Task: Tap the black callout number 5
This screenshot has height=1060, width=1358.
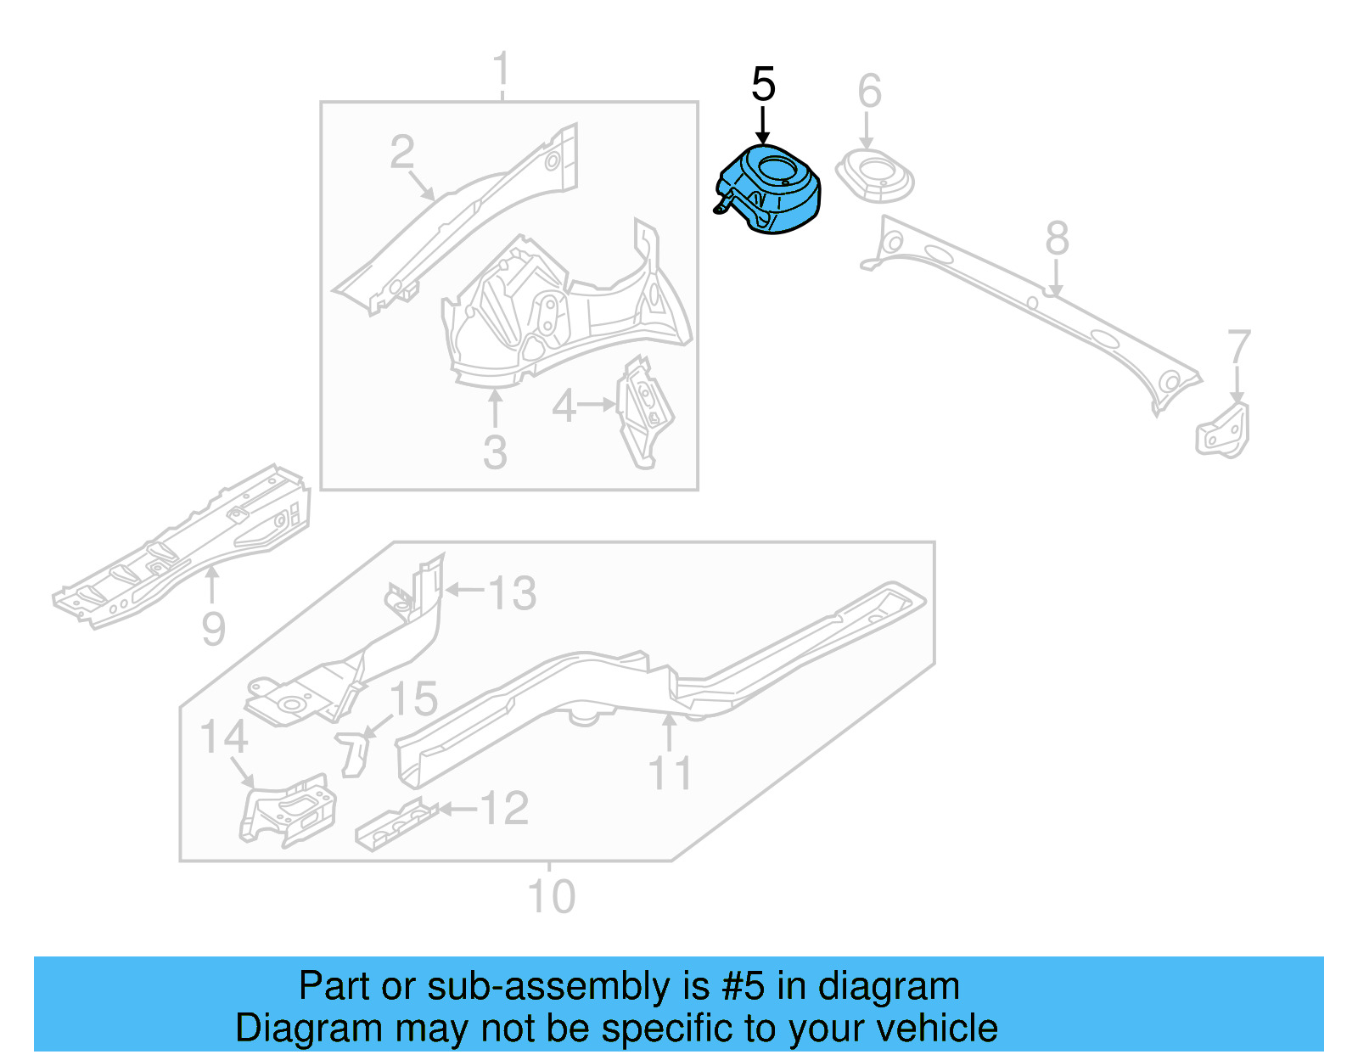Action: pos(763,85)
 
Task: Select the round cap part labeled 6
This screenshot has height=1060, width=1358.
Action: pos(874,177)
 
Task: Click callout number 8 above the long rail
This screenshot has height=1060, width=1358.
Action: pos(1057,238)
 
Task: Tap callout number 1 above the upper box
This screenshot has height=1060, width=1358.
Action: pos(502,69)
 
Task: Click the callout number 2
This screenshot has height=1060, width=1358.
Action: pos(402,153)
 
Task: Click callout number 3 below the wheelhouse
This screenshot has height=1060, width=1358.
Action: pos(495,452)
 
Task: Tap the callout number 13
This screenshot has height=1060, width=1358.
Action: pos(512,593)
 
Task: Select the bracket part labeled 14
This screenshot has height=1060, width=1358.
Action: pos(287,810)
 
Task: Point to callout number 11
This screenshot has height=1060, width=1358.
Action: pos(670,774)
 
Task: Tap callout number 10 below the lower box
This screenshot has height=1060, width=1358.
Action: pos(551,897)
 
